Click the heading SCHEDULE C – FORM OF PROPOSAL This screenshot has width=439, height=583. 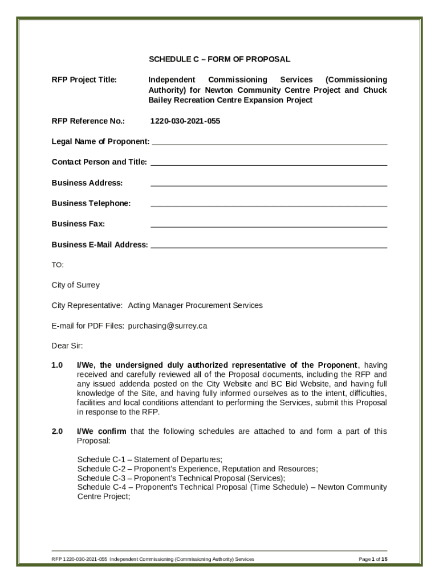(x=219, y=59)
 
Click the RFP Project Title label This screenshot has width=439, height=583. (x=84, y=80)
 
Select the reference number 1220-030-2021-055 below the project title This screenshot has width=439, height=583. (x=185, y=121)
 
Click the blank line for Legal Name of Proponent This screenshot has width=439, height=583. (x=269, y=142)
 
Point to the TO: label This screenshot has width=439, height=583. (x=58, y=265)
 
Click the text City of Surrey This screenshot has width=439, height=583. (x=76, y=285)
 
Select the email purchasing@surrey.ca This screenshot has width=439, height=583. (x=167, y=326)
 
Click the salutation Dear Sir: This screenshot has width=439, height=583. (x=67, y=346)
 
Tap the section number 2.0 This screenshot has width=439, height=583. (x=57, y=432)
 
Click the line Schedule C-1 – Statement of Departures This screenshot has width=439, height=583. (x=149, y=459)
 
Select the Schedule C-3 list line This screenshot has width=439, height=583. (x=181, y=478)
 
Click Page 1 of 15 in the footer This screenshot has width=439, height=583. (x=373, y=560)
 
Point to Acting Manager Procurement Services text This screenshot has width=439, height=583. (x=195, y=306)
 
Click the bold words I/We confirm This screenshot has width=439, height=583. (x=101, y=432)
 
